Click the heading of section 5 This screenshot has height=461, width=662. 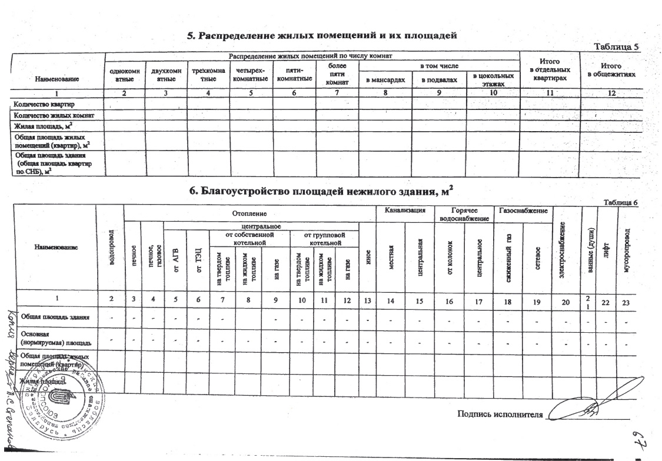(322, 35)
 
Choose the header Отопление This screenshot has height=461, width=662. (250, 211)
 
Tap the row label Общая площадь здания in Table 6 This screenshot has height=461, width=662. (55, 318)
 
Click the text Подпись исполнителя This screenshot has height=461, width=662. (500, 413)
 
